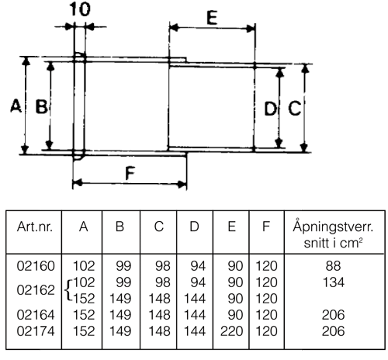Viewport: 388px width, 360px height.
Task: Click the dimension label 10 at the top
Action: click(80, 9)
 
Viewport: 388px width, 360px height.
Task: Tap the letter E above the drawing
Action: click(212, 18)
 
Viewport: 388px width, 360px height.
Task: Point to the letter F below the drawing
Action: click(130, 173)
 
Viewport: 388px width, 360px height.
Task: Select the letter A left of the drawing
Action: click(16, 106)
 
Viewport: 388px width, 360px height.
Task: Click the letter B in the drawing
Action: click(41, 106)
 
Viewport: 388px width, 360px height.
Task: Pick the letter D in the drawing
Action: click(270, 109)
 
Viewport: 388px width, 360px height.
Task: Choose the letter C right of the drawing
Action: click(294, 109)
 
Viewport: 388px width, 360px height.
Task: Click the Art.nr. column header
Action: click(35, 227)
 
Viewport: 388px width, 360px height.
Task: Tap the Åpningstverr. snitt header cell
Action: click(333, 234)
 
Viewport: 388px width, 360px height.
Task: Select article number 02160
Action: click(36, 266)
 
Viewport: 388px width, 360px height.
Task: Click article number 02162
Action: click(36, 290)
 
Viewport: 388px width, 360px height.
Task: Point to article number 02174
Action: click(36, 331)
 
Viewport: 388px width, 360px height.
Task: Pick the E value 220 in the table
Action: click(231, 331)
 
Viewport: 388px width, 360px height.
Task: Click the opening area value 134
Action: click(334, 282)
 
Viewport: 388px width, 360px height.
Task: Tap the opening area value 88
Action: click(333, 266)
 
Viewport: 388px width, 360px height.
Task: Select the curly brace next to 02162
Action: click(68, 290)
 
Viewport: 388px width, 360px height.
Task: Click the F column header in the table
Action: click(266, 227)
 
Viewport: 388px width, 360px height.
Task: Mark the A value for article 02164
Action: click(84, 315)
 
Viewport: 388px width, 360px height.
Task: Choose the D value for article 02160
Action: click(198, 266)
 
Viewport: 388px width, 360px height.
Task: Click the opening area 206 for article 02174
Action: click(334, 331)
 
